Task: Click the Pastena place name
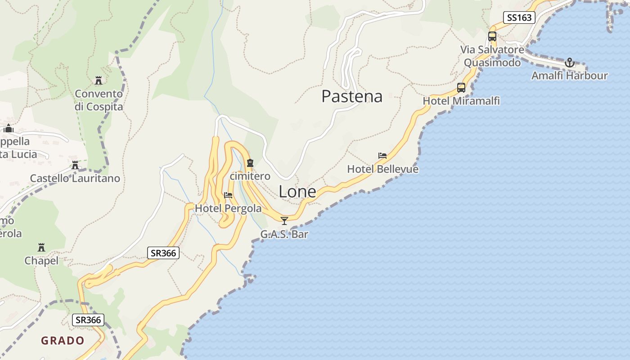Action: click(x=352, y=96)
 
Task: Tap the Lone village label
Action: click(x=297, y=192)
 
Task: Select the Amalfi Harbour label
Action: click(x=569, y=76)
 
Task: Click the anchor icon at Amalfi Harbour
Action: click(x=570, y=63)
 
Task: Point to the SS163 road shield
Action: click(x=519, y=18)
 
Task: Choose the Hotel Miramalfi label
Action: click(x=461, y=101)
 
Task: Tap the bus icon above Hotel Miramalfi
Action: click(x=461, y=88)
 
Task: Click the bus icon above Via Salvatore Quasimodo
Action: click(x=492, y=36)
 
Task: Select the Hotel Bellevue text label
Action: click(x=382, y=169)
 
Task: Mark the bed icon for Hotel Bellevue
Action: click(x=382, y=156)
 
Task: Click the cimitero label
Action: click(x=250, y=176)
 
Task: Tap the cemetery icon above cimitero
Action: click(x=250, y=163)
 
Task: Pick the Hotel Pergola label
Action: click(x=228, y=208)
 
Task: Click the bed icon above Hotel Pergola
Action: click(x=228, y=195)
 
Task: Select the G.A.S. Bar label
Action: click(x=284, y=234)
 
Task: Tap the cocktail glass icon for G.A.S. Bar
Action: click(x=284, y=220)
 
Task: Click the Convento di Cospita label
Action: click(x=99, y=100)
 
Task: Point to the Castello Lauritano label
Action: click(x=75, y=178)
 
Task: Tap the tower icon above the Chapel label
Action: click(x=41, y=247)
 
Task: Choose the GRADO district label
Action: click(x=63, y=341)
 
